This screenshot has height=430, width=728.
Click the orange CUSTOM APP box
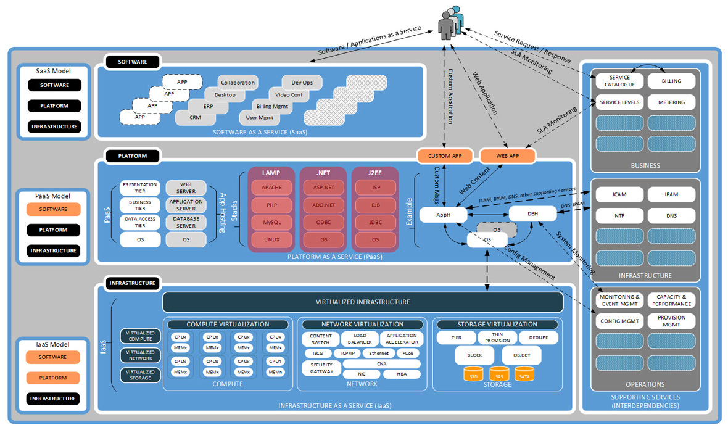point(444,156)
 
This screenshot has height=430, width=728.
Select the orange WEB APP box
point(507,156)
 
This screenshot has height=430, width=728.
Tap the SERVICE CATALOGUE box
point(619,81)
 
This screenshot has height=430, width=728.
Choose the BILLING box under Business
point(671,81)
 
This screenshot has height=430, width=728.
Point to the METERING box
point(671,102)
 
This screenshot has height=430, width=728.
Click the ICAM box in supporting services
point(619,194)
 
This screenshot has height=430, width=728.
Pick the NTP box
point(619,216)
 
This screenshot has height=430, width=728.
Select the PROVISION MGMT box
point(671,321)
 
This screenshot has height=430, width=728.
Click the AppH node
point(443,215)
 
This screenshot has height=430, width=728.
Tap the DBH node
point(532,214)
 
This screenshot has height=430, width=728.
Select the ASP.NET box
point(323,188)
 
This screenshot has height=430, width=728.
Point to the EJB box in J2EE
point(375,205)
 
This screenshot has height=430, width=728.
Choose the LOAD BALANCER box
point(360,339)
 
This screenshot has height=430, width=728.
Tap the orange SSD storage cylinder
point(473,374)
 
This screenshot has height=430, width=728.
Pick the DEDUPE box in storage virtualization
point(538,337)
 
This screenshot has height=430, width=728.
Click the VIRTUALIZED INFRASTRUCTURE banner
point(363,302)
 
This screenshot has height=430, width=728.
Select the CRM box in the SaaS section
point(195,117)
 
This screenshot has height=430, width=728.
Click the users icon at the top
point(449,23)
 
